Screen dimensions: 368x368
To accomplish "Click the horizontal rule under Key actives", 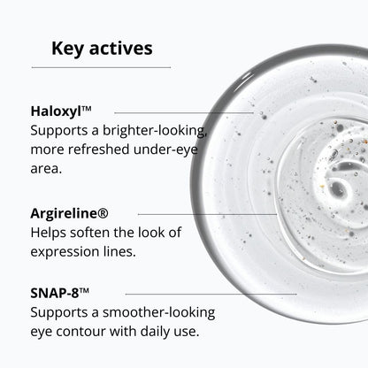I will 101,67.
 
